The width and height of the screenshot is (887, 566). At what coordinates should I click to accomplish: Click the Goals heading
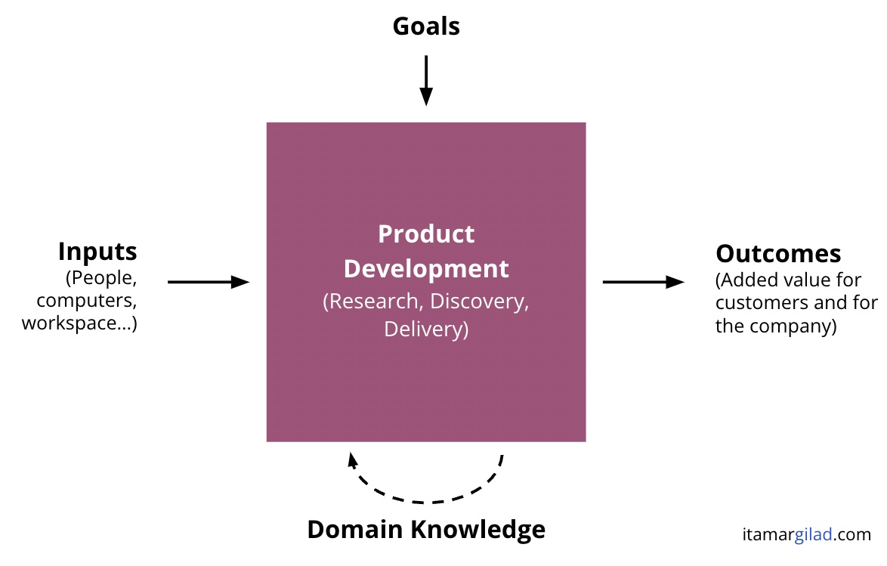tap(426, 26)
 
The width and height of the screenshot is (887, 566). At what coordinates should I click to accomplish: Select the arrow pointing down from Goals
tap(426, 80)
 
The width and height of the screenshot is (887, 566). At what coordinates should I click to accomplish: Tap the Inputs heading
tap(97, 252)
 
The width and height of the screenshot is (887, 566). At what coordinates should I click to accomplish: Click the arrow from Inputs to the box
tap(209, 281)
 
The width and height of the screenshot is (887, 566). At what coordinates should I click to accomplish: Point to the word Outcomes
tap(778, 254)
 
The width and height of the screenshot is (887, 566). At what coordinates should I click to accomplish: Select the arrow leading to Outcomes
tap(644, 281)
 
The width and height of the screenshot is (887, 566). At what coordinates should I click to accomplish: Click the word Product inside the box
tap(426, 234)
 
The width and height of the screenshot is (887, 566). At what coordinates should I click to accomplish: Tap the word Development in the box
tap(426, 269)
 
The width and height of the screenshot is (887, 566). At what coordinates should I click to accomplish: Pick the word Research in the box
tap(373, 301)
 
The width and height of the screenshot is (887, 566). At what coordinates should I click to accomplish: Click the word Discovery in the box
tap(478, 302)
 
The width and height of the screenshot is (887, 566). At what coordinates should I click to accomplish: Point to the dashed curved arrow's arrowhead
tap(352, 459)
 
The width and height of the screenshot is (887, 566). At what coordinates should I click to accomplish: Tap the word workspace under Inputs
tap(69, 323)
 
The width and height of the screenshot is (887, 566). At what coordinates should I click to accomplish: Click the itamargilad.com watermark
tap(807, 534)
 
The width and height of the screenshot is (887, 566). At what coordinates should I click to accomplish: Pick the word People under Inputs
tap(102, 278)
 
